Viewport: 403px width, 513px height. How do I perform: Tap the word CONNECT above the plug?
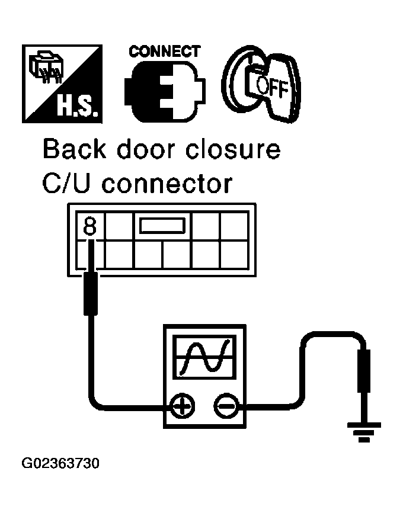164,51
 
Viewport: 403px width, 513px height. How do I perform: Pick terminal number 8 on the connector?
91,226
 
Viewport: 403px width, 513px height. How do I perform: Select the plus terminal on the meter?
183,406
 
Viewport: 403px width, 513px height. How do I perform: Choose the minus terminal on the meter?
225,406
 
